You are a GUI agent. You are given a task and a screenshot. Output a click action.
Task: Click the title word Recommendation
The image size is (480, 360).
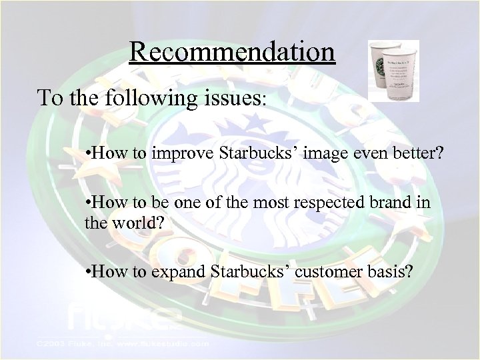tap(232, 51)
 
